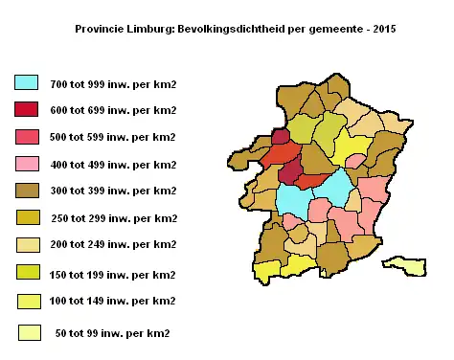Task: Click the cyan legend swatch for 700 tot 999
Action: (27, 84)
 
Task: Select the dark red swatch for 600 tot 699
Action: (27, 110)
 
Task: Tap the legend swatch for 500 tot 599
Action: (27, 137)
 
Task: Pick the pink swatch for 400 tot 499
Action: (27, 164)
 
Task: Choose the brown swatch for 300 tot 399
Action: (27, 191)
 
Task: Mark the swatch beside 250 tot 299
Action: (27, 218)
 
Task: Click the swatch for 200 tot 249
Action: (27, 245)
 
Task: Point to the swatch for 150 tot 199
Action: (27, 274)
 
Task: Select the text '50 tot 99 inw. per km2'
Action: (112, 333)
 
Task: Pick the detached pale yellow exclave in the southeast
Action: (406, 264)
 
